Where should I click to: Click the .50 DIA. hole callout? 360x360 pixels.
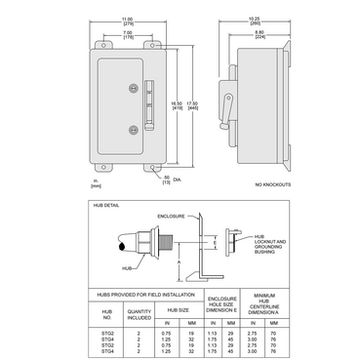pyautogui.click(x=142, y=179)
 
